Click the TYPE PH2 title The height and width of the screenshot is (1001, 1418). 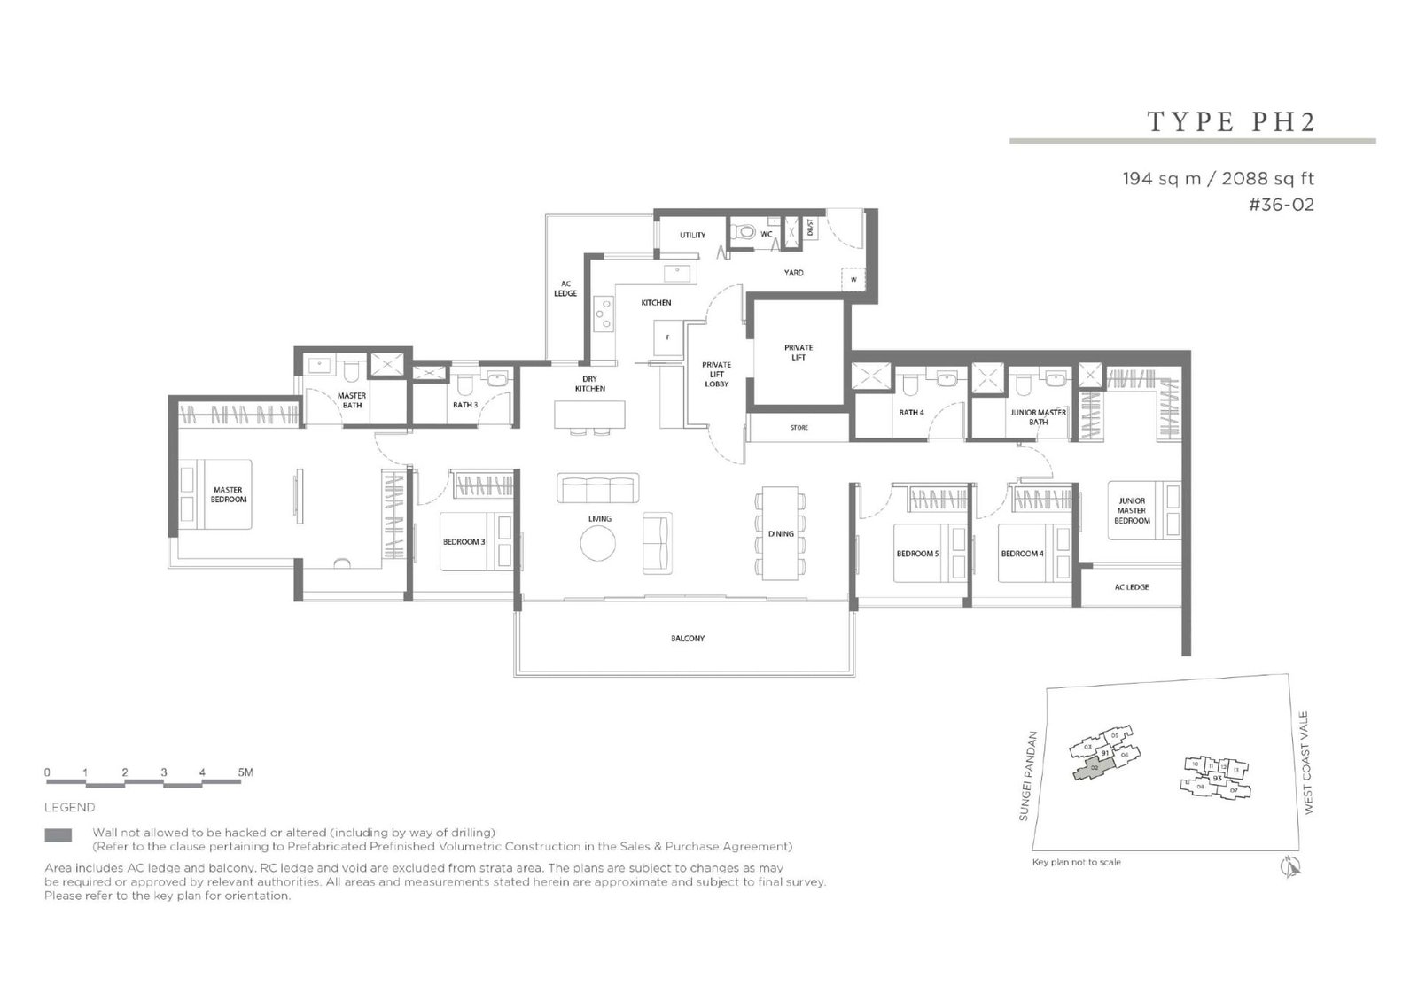tap(1231, 121)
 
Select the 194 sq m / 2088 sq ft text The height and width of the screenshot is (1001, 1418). tap(1218, 179)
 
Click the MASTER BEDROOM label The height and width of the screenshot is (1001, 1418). tap(229, 494)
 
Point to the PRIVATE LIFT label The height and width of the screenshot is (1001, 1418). tap(799, 353)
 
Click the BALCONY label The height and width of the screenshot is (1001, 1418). tap(687, 638)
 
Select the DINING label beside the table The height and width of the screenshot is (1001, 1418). tap(781, 533)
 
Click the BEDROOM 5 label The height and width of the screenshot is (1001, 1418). tap(916, 554)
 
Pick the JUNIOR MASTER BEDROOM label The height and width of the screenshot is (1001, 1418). tap(1132, 511)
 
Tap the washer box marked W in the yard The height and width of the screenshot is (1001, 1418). tap(853, 279)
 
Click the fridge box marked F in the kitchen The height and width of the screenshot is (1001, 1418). tap(668, 338)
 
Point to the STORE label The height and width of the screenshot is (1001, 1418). tap(799, 428)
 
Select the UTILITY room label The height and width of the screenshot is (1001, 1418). tap(692, 235)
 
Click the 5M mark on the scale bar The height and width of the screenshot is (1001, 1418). tap(245, 772)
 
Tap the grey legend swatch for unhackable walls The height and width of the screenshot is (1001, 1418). tap(58, 835)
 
